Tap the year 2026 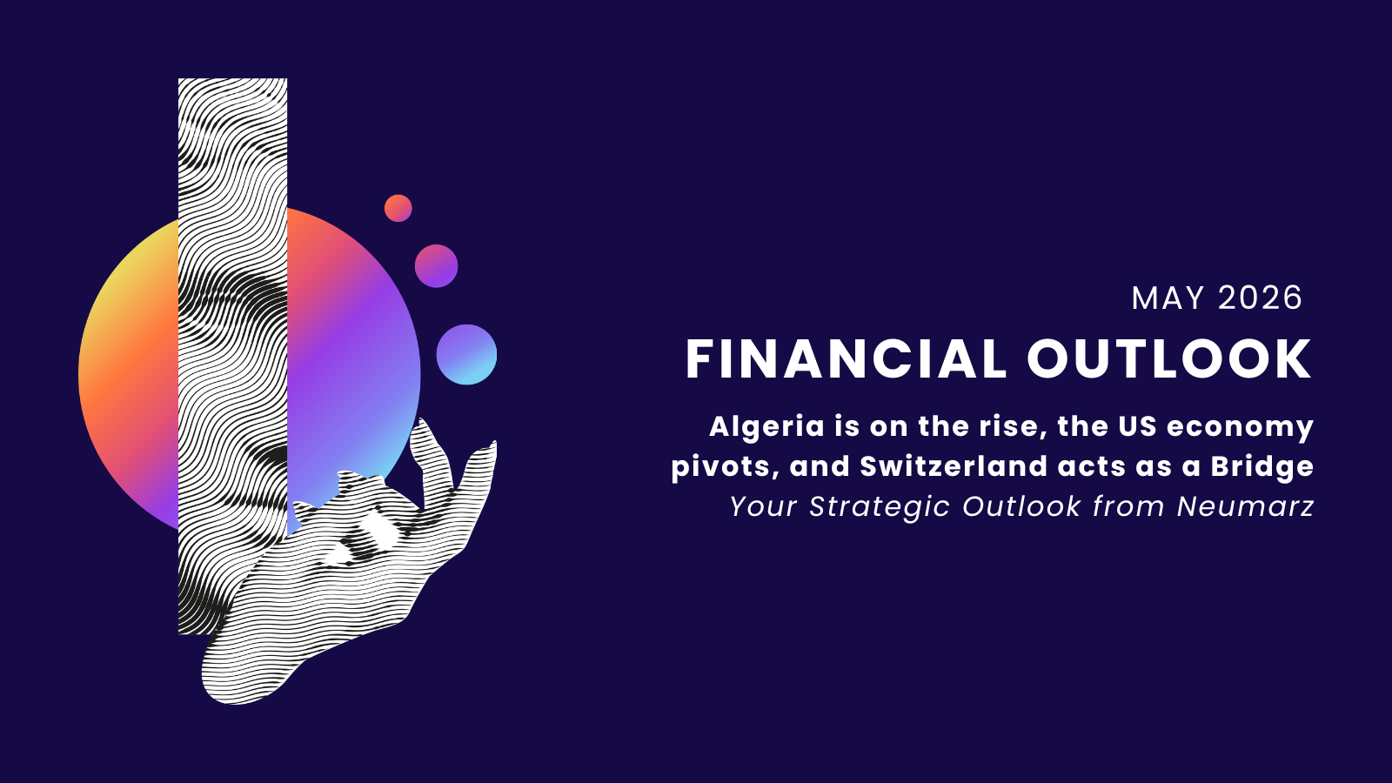point(1260,298)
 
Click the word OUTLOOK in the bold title point(1169,359)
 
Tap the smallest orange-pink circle point(398,208)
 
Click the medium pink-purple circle point(436,266)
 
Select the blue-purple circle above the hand point(466,354)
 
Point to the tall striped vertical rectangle point(232,356)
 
